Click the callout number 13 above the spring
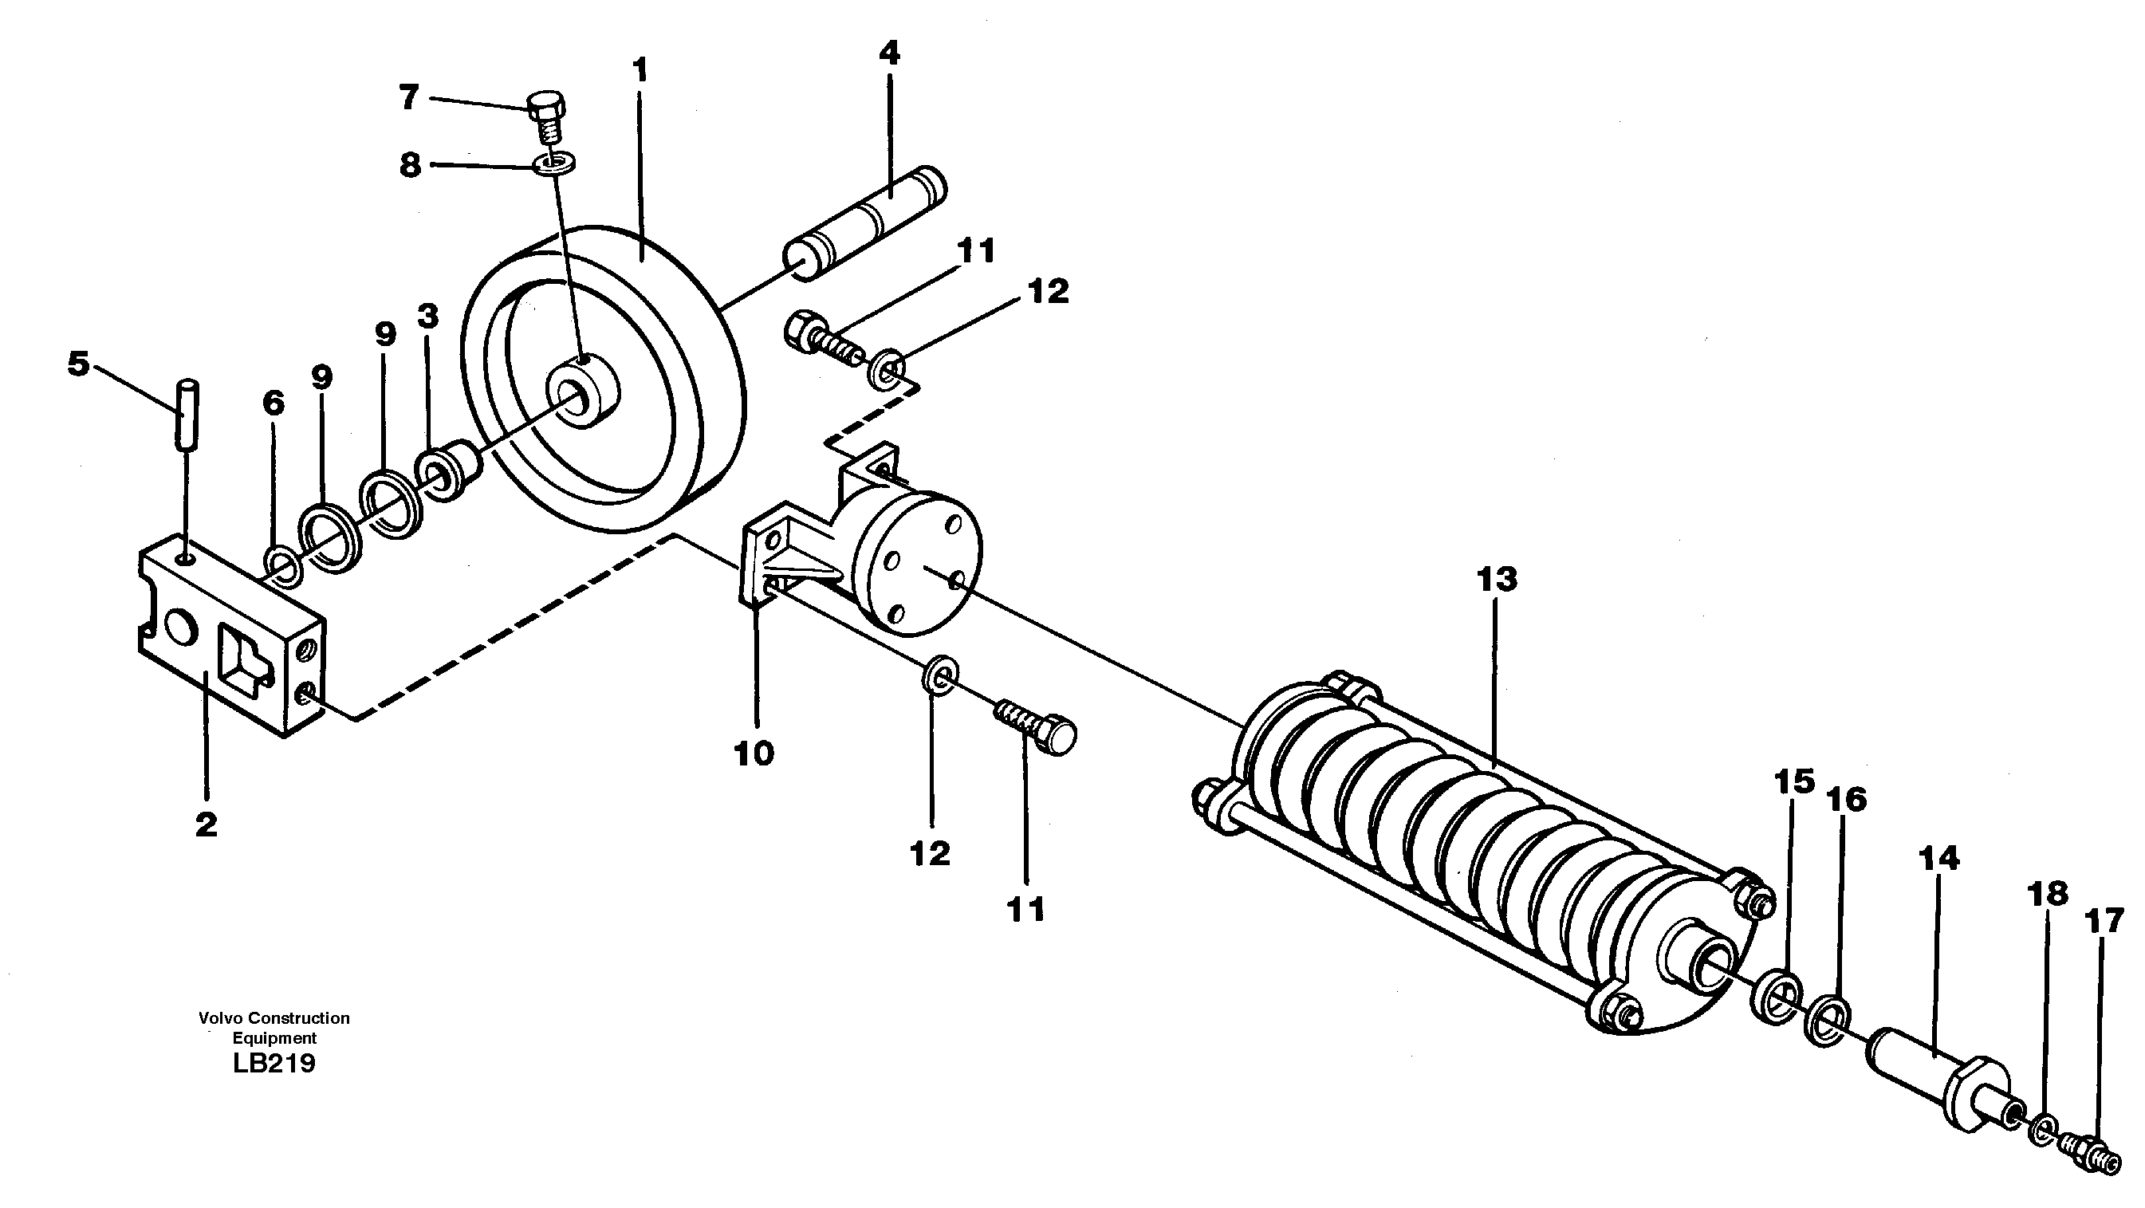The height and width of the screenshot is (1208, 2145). click(x=1497, y=580)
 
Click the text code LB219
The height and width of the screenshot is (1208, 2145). click(x=275, y=1064)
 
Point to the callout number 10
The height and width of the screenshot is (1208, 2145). click(x=754, y=754)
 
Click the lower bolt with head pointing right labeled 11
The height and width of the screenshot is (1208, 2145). click(x=1037, y=730)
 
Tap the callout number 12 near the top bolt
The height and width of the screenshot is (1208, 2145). click(x=1048, y=291)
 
